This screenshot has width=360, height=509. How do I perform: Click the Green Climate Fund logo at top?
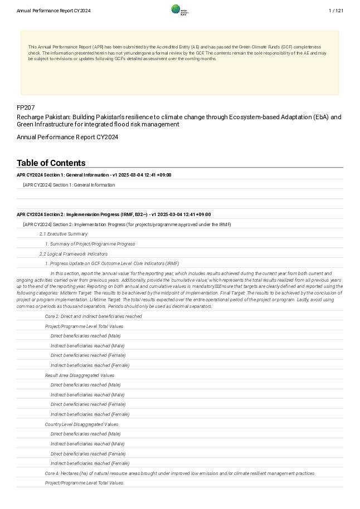179,10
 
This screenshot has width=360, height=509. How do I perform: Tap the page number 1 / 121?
336,11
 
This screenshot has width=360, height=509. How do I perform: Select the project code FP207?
26,107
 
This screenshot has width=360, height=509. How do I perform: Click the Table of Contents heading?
51,163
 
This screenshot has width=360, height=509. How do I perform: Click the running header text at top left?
53,11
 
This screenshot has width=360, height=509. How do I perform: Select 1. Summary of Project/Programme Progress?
90,244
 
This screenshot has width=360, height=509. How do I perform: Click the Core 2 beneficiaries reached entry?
93,316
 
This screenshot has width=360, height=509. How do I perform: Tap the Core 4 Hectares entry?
179,473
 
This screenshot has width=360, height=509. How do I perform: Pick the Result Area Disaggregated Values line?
80,375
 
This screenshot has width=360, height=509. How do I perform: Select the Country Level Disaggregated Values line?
81,424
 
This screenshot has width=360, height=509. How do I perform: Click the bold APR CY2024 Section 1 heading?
94,175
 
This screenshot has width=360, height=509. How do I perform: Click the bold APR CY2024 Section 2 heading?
113,214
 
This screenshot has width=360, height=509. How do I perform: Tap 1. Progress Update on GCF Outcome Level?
112,263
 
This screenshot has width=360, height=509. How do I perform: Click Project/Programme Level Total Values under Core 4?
84,483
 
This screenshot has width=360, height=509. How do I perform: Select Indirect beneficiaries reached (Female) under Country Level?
90,463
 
